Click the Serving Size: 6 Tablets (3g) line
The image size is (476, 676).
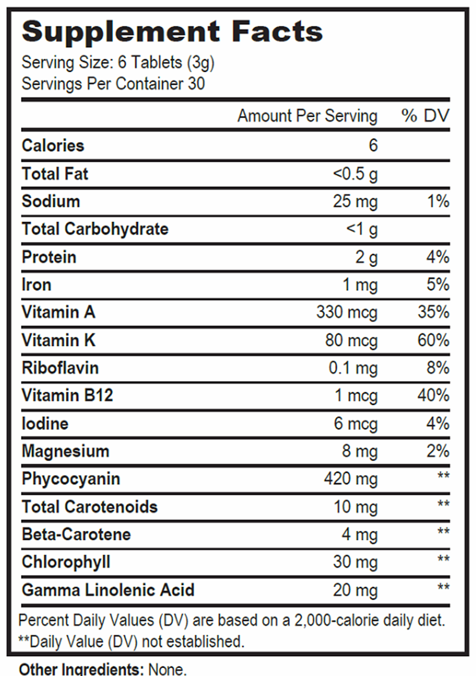click(x=118, y=63)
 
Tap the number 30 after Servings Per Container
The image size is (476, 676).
click(x=196, y=84)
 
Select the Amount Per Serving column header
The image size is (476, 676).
click(x=307, y=116)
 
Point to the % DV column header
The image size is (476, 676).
click(x=425, y=116)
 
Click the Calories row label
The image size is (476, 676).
click(x=53, y=146)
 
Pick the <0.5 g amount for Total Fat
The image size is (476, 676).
click(x=355, y=174)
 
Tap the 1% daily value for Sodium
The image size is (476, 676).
click(x=438, y=202)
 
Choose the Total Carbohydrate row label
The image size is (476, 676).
click(x=95, y=229)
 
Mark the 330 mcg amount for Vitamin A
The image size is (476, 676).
click(x=347, y=313)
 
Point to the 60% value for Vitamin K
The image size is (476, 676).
click(x=434, y=340)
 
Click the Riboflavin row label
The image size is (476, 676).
click(x=60, y=368)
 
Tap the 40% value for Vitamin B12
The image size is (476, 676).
click(x=434, y=396)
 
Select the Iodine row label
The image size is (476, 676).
click(x=45, y=424)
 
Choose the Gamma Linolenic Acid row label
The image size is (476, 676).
click(x=108, y=590)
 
